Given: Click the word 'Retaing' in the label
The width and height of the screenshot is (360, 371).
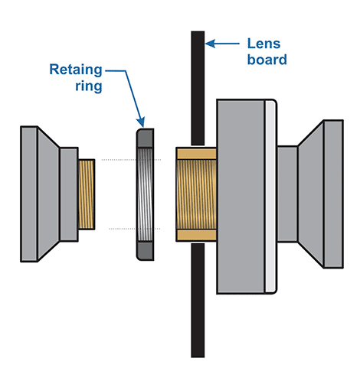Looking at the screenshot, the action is tap(76, 70).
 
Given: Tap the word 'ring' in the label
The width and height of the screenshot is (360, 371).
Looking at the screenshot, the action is tap(89, 86).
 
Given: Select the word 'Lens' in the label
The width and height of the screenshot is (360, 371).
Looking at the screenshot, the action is tap(263, 44).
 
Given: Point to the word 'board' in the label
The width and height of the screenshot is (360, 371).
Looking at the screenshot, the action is tap(267, 60).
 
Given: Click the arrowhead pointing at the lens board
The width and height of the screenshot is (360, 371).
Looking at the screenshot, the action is tap(211, 44).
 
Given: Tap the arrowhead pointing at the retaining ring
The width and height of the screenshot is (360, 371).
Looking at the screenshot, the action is tap(141, 122).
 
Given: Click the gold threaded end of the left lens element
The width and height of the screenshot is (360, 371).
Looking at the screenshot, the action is tap(87, 194).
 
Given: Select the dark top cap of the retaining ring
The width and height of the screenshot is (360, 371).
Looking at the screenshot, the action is tap(146, 138).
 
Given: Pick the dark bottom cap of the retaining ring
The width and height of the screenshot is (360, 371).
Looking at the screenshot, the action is tap(146, 251).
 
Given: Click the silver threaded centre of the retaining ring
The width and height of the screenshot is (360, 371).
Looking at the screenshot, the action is tap(146, 194).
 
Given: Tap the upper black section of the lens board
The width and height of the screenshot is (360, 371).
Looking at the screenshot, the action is tap(198, 88).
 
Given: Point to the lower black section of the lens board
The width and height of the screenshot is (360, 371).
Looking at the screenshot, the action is tap(198, 301).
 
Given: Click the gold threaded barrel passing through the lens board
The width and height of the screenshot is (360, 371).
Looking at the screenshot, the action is tap(196, 194).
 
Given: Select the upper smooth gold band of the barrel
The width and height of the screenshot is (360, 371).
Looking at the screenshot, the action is tap(196, 154).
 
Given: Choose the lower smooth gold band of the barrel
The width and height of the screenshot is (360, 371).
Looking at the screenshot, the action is tap(196, 235).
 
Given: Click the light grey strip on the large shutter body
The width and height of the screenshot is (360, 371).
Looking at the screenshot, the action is tap(270, 197).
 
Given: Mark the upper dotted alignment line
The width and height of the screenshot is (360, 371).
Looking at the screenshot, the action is tap(131, 160).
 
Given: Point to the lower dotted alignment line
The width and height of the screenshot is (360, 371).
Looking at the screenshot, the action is tap(135, 229).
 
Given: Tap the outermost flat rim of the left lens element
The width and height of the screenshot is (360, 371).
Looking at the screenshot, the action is tap(29, 194).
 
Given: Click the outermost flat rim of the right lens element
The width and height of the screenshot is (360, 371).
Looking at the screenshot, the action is tap(333, 194).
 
